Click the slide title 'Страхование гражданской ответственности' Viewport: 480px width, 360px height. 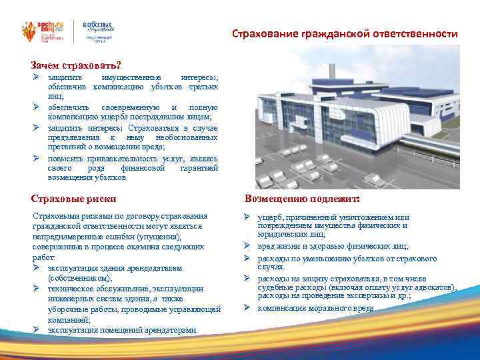click(345, 33)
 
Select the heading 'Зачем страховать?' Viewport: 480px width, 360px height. click(75, 65)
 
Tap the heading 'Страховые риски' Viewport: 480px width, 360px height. click(74, 198)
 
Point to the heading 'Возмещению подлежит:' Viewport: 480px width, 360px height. click(302, 199)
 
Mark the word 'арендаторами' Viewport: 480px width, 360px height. click(170, 329)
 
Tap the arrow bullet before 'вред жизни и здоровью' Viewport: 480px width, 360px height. click(247, 245)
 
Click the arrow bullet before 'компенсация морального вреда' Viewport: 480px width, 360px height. click(247, 307)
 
